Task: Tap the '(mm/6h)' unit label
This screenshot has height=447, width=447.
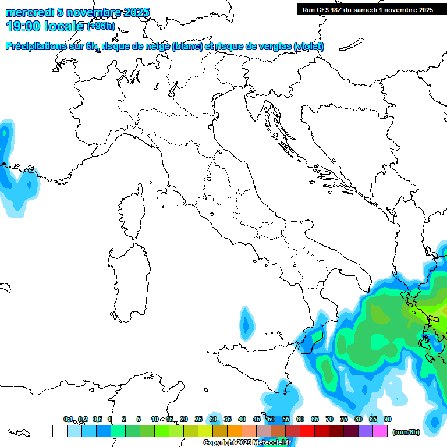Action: pos(406,431)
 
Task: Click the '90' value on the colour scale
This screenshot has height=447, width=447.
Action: pos(388,419)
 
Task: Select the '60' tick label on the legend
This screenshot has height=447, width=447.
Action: pos(300,419)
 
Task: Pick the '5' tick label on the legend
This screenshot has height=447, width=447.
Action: pos(139,419)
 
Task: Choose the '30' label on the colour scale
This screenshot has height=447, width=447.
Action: pos(213,419)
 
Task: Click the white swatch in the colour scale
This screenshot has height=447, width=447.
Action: pos(59,431)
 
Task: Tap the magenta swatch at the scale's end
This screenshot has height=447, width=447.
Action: pos(380,431)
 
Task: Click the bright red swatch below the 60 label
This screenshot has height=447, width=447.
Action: pos(307,431)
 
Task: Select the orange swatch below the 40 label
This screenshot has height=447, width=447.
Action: pos(234,431)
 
